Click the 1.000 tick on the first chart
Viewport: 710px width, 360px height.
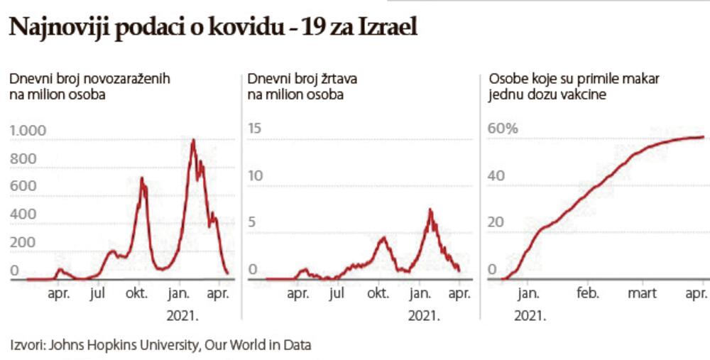tap(28, 131)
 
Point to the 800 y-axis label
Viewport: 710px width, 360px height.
tap(23, 159)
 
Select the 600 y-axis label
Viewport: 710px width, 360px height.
tap(23, 186)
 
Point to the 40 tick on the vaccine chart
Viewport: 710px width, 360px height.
tap(496, 175)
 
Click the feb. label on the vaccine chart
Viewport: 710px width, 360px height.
tap(588, 293)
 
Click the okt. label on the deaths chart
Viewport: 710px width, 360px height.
tap(377, 293)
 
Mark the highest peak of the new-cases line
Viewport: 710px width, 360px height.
tap(193, 141)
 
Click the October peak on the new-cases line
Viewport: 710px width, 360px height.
tap(142, 179)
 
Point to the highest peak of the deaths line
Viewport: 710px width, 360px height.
tap(430, 210)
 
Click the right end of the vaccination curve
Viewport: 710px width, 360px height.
tap(703, 137)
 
